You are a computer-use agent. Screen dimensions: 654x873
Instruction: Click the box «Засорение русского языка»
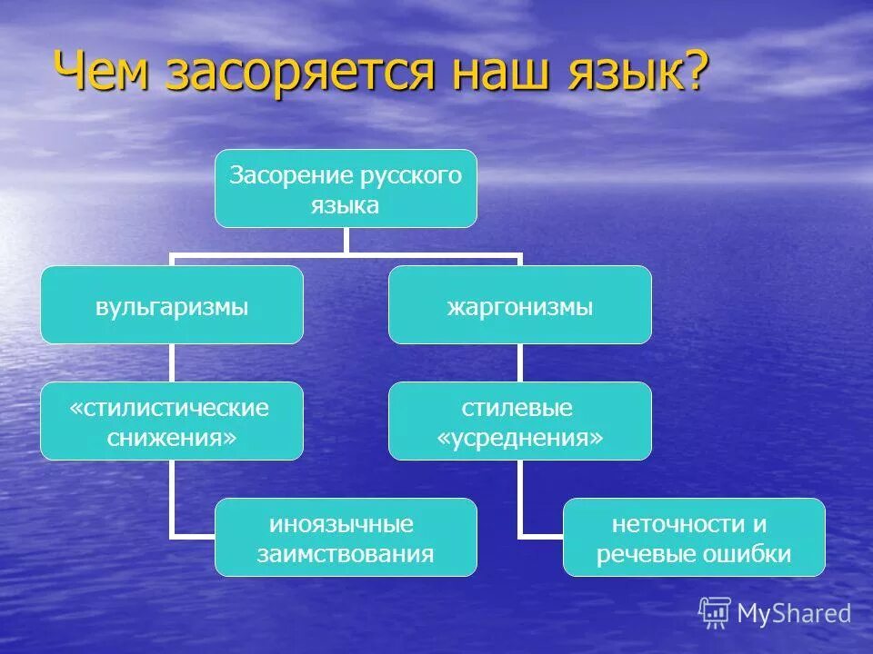coord(346,189)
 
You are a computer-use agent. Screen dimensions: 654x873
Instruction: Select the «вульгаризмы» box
coord(172,305)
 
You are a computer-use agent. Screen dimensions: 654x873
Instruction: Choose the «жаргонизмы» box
coord(520,305)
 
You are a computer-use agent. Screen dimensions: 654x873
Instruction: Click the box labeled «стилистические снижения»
coord(172,421)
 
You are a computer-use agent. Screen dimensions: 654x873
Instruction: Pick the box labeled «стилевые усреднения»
coord(520,421)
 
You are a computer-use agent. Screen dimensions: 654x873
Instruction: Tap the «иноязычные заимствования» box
coord(346,537)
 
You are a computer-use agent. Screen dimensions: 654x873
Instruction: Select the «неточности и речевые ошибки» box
coord(694,537)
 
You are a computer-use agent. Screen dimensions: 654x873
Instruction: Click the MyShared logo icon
coord(715,613)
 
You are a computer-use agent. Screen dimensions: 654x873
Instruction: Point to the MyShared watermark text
coord(794,614)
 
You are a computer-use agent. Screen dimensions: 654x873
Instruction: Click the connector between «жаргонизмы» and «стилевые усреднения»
coord(520,362)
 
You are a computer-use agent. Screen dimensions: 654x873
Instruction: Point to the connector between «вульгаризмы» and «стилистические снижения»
coord(172,362)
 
